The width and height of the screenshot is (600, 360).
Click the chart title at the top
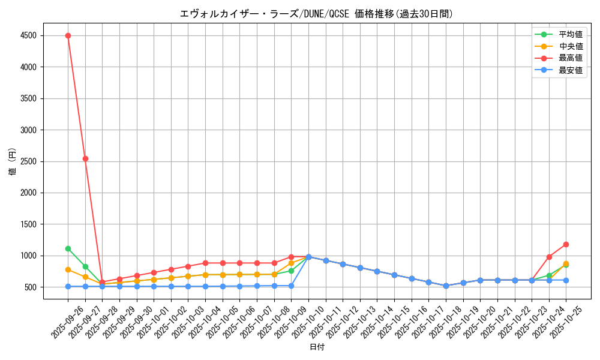[316, 13]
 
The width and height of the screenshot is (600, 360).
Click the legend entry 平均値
[571, 35]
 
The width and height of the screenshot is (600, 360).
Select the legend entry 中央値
[571, 46]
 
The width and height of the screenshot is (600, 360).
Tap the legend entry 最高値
[571, 58]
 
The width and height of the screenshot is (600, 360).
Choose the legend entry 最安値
[571, 70]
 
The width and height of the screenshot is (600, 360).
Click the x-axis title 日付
[317, 347]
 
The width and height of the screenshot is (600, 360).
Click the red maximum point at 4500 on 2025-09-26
[68, 35]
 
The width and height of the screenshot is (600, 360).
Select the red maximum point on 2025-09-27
[85, 158]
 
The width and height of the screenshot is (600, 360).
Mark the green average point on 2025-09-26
[68, 248]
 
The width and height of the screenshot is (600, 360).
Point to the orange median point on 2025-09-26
[68, 270]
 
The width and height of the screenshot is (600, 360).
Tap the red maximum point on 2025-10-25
[566, 244]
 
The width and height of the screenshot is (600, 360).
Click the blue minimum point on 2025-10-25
[566, 280]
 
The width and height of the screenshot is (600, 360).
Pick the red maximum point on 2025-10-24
[549, 257]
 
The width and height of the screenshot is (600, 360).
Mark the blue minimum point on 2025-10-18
[446, 286]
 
